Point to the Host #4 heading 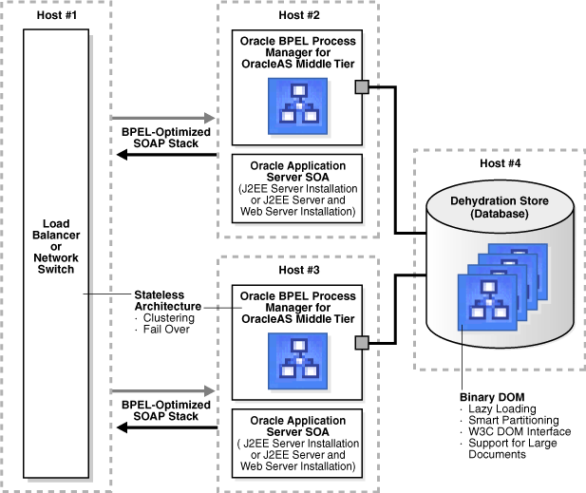500,163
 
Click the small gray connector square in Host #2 362,88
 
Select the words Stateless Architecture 167,300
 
